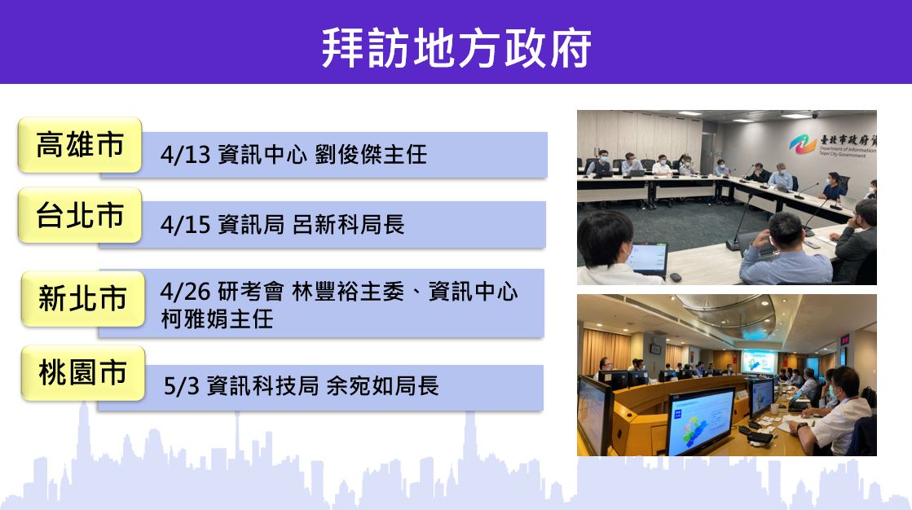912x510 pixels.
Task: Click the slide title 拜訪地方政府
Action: click(x=456, y=48)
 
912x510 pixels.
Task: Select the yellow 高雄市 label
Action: click(x=80, y=145)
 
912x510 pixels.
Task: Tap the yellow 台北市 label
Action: click(x=80, y=215)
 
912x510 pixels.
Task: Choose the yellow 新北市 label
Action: click(x=82, y=298)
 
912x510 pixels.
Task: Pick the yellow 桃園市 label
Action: click(x=82, y=373)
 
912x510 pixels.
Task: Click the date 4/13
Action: click(x=185, y=156)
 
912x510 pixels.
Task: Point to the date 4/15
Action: click(x=185, y=225)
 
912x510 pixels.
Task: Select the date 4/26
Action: click(x=185, y=292)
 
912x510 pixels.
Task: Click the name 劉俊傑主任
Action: click(x=371, y=156)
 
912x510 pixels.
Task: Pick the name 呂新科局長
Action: click(x=348, y=225)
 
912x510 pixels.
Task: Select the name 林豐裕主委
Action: click(x=348, y=292)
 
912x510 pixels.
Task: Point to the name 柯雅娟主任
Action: click(x=217, y=319)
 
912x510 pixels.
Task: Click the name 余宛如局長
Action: click(x=382, y=386)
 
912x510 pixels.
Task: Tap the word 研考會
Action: click(x=251, y=292)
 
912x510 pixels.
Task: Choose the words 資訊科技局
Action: click(x=262, y=386)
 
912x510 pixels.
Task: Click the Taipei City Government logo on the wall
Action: click(x=803, y=143)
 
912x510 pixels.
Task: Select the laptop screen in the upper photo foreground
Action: click(x=647, y=258)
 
